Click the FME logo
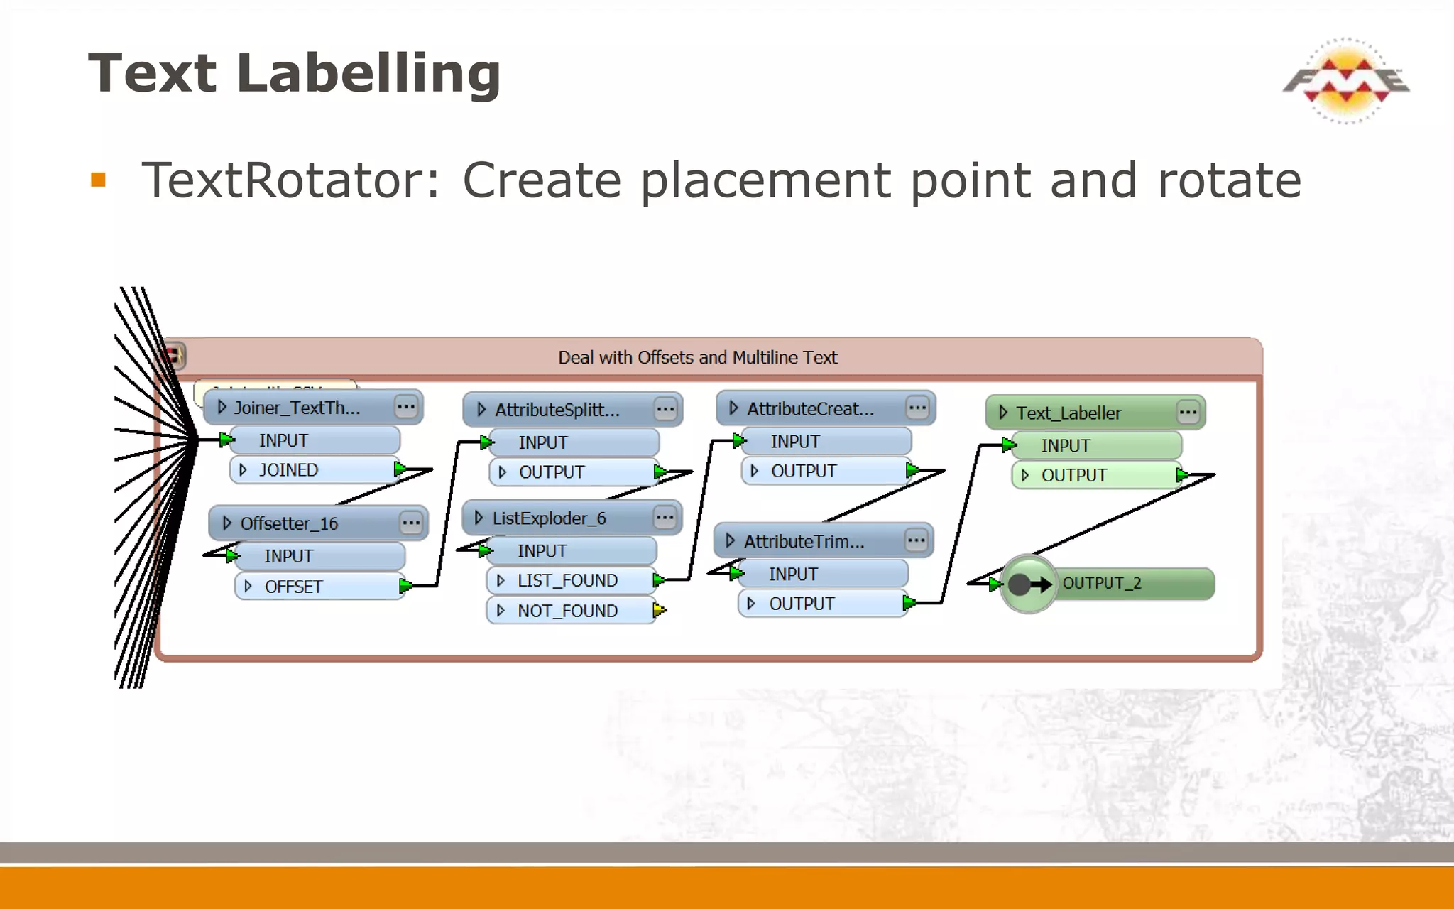pos(1345,80)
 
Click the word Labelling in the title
pos(368,74)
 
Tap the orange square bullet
pos(98,180)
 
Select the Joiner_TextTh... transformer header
pos(298,408)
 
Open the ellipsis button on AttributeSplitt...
pos(665,409)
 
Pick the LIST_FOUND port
pos(568,581)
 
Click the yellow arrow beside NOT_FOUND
pos(660,610)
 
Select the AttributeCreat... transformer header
pos(809,408)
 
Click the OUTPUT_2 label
pos(1102,583)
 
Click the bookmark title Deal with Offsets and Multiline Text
pos(697,357)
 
